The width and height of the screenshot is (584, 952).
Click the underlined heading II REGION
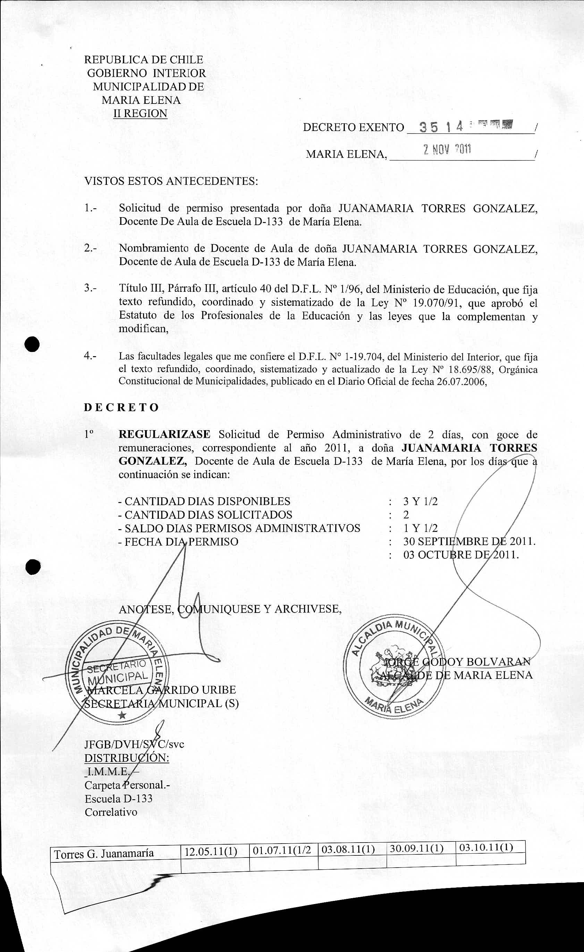click(140, 114)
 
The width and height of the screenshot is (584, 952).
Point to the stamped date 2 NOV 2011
click(447, 149)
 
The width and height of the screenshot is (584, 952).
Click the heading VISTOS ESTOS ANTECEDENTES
click(171, 181)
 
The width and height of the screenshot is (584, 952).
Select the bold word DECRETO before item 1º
click(121, 408)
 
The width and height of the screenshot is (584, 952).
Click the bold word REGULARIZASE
click(164, 434)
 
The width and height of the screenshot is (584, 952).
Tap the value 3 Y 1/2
click(420, 501)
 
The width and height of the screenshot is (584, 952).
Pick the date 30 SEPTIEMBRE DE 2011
click(469, 541)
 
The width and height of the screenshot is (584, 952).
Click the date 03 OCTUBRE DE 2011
click(461, 555)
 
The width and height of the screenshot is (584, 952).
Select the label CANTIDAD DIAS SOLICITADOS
click(208, 515)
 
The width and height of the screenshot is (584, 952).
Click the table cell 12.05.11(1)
click(211, 852)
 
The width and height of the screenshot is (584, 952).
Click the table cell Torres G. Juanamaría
click(104, 854)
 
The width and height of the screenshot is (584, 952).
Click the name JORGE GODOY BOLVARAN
click(456, 662)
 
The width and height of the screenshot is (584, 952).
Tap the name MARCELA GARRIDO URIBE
click(161, 690)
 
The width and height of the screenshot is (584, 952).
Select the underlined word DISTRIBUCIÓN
click(127, 757)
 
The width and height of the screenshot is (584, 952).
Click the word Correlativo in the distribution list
click(111, 812)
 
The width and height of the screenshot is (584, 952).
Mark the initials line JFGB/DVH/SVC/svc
click(134, 744)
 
